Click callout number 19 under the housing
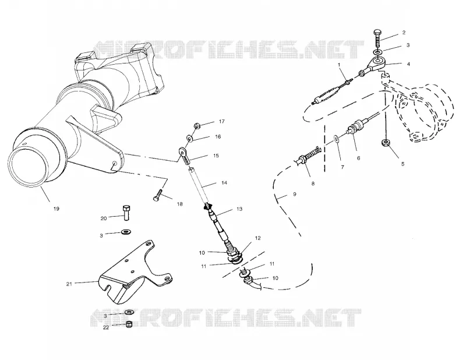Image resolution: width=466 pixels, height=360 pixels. [x=56, y=209]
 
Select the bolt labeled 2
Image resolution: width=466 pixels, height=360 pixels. [x=377, y=38]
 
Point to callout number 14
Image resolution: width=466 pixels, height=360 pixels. [x=224, y=182]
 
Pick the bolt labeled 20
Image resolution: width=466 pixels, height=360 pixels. [x=126, y=213]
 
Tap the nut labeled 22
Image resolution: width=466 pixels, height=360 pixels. [x=129, y=324]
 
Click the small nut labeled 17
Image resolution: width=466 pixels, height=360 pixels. [x=197, y=126]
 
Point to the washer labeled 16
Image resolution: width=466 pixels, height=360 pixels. [x=189, y=139]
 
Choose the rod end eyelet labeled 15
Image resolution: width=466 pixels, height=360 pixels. [x=184, y=156]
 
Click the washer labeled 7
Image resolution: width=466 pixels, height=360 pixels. [x=337, y=138]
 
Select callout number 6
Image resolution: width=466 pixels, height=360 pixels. [x=358, y=158]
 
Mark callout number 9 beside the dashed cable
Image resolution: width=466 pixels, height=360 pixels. [x=295, y=194]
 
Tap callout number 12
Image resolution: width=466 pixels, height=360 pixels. [x=257, y=238]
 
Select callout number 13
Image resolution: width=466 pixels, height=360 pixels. [x=239, y=209]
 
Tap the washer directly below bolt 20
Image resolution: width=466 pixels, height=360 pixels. [x=127, y=232]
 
